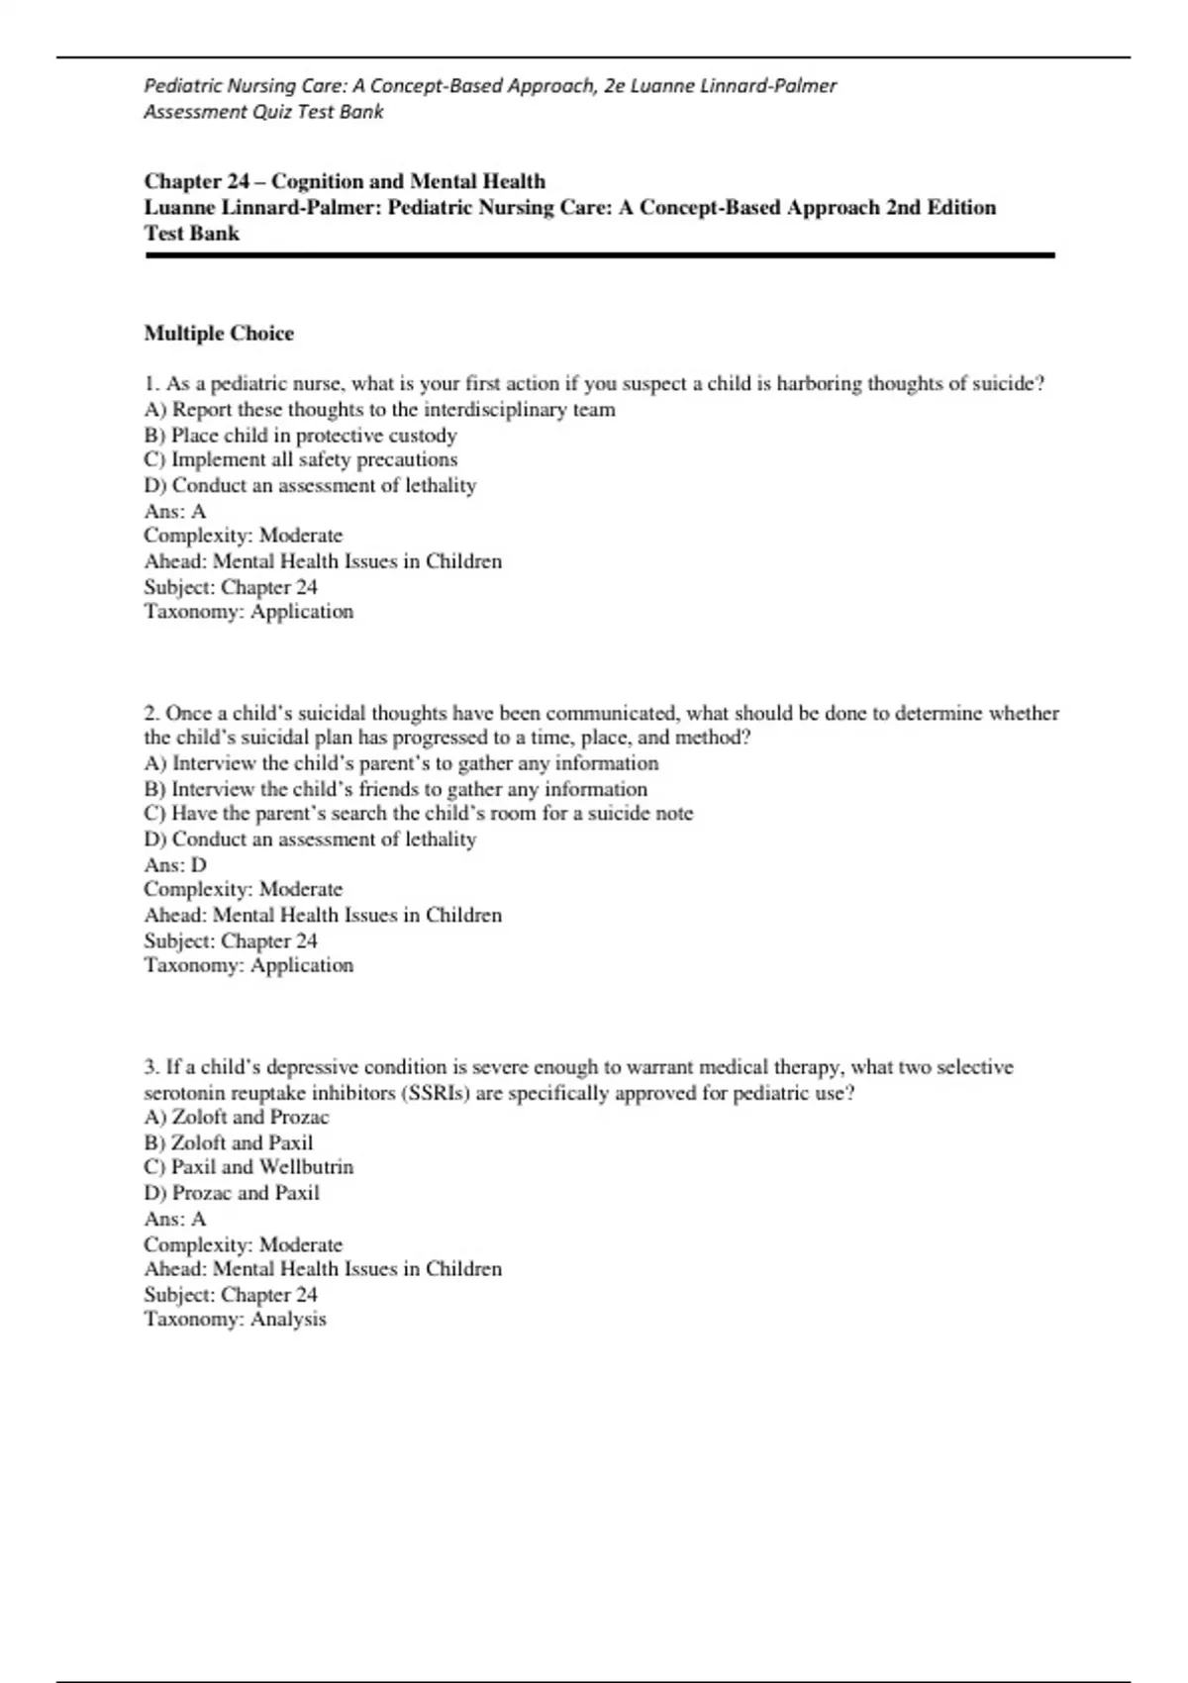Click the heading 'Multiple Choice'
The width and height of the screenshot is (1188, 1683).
[x=219, y=333]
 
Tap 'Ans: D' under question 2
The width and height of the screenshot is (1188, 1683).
[x=175, y=864]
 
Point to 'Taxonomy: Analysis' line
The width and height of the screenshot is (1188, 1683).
[x=235, y=1319]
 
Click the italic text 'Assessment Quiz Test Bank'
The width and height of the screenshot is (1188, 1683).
[x=263, y=112]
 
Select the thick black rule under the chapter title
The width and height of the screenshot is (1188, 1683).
[x=599, y=255]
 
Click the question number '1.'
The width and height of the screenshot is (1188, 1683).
[x=152, y=383]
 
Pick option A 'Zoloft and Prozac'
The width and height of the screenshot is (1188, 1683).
[x=237, y=1117]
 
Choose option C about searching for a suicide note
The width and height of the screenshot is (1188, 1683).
[x=419, y=813]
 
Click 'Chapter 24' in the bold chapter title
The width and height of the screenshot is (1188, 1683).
[x=197, y=181]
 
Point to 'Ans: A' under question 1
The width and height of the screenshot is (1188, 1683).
[x=175, y=511]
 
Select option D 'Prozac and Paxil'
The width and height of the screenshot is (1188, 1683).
[x=232, y=1192]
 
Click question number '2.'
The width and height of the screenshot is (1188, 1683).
[x=152, y=713]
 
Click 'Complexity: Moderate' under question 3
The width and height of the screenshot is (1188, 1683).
[x=243, y=1244]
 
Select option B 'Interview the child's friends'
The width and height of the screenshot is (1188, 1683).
[x=396, y=789]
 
